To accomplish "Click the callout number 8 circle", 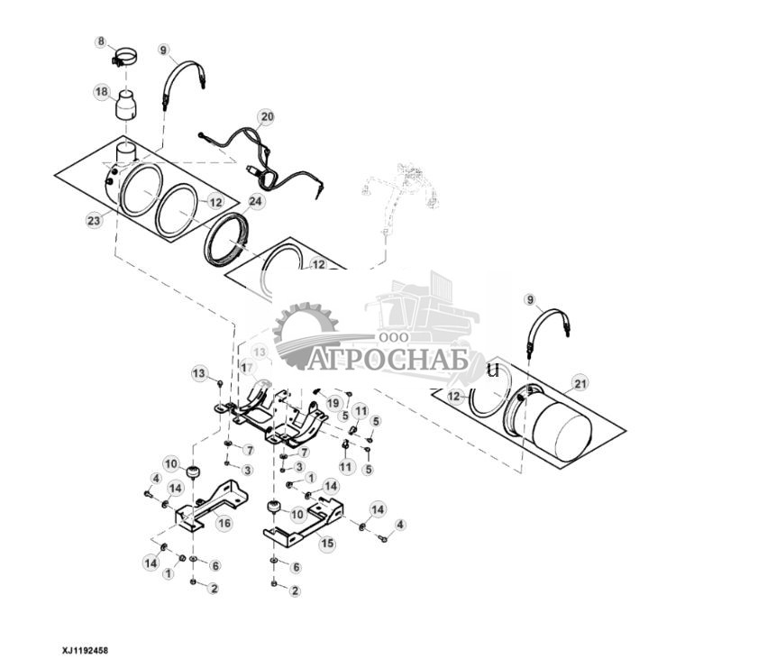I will pos(102,41).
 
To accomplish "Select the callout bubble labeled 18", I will pos(102,91).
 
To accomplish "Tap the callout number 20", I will pos(265,117).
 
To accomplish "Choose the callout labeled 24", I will pos(256,202).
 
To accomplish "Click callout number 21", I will pos(580,384).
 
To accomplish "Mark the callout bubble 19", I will pos(333,402).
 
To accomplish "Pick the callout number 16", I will pos(224,522).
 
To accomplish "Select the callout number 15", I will pos(326,544).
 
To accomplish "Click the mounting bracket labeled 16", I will pos(211,506).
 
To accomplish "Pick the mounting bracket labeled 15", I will pos(303,526).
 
